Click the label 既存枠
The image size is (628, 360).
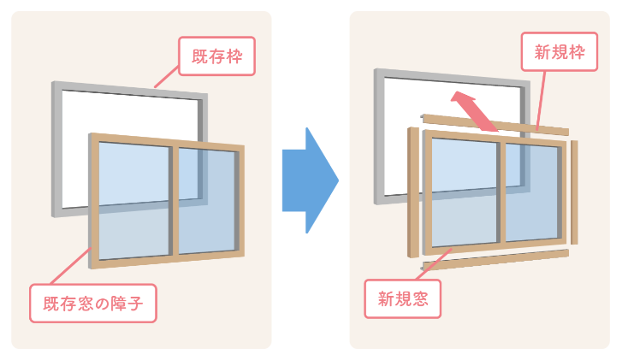[x=217, y=57]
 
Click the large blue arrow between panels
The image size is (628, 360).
[x=309, y=180]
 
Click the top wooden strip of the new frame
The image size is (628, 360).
[x=496, y=125]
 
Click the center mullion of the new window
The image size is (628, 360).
[x=501, y=192]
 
